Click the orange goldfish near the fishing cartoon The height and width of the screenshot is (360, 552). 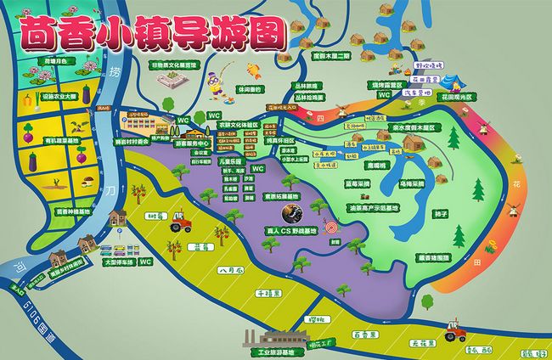coord(252,69)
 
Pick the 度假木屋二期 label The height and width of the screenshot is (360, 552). coord(331,56)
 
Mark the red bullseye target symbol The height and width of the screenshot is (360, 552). coord(327,230)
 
